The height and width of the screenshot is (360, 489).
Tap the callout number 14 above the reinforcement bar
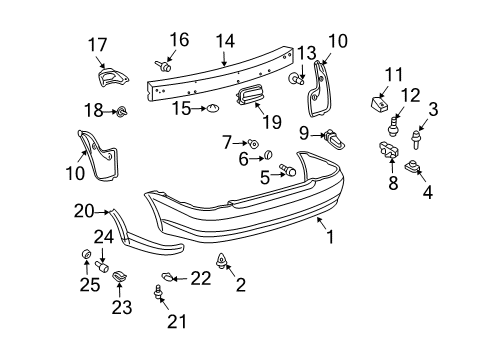225,42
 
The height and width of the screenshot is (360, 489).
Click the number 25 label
85,281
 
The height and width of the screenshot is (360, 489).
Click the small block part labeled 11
380,100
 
